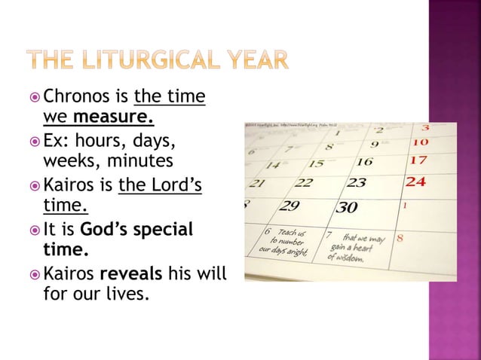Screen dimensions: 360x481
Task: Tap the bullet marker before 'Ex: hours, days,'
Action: (x=35, y=142)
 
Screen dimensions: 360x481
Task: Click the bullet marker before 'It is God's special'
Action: (x=35, y=229)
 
